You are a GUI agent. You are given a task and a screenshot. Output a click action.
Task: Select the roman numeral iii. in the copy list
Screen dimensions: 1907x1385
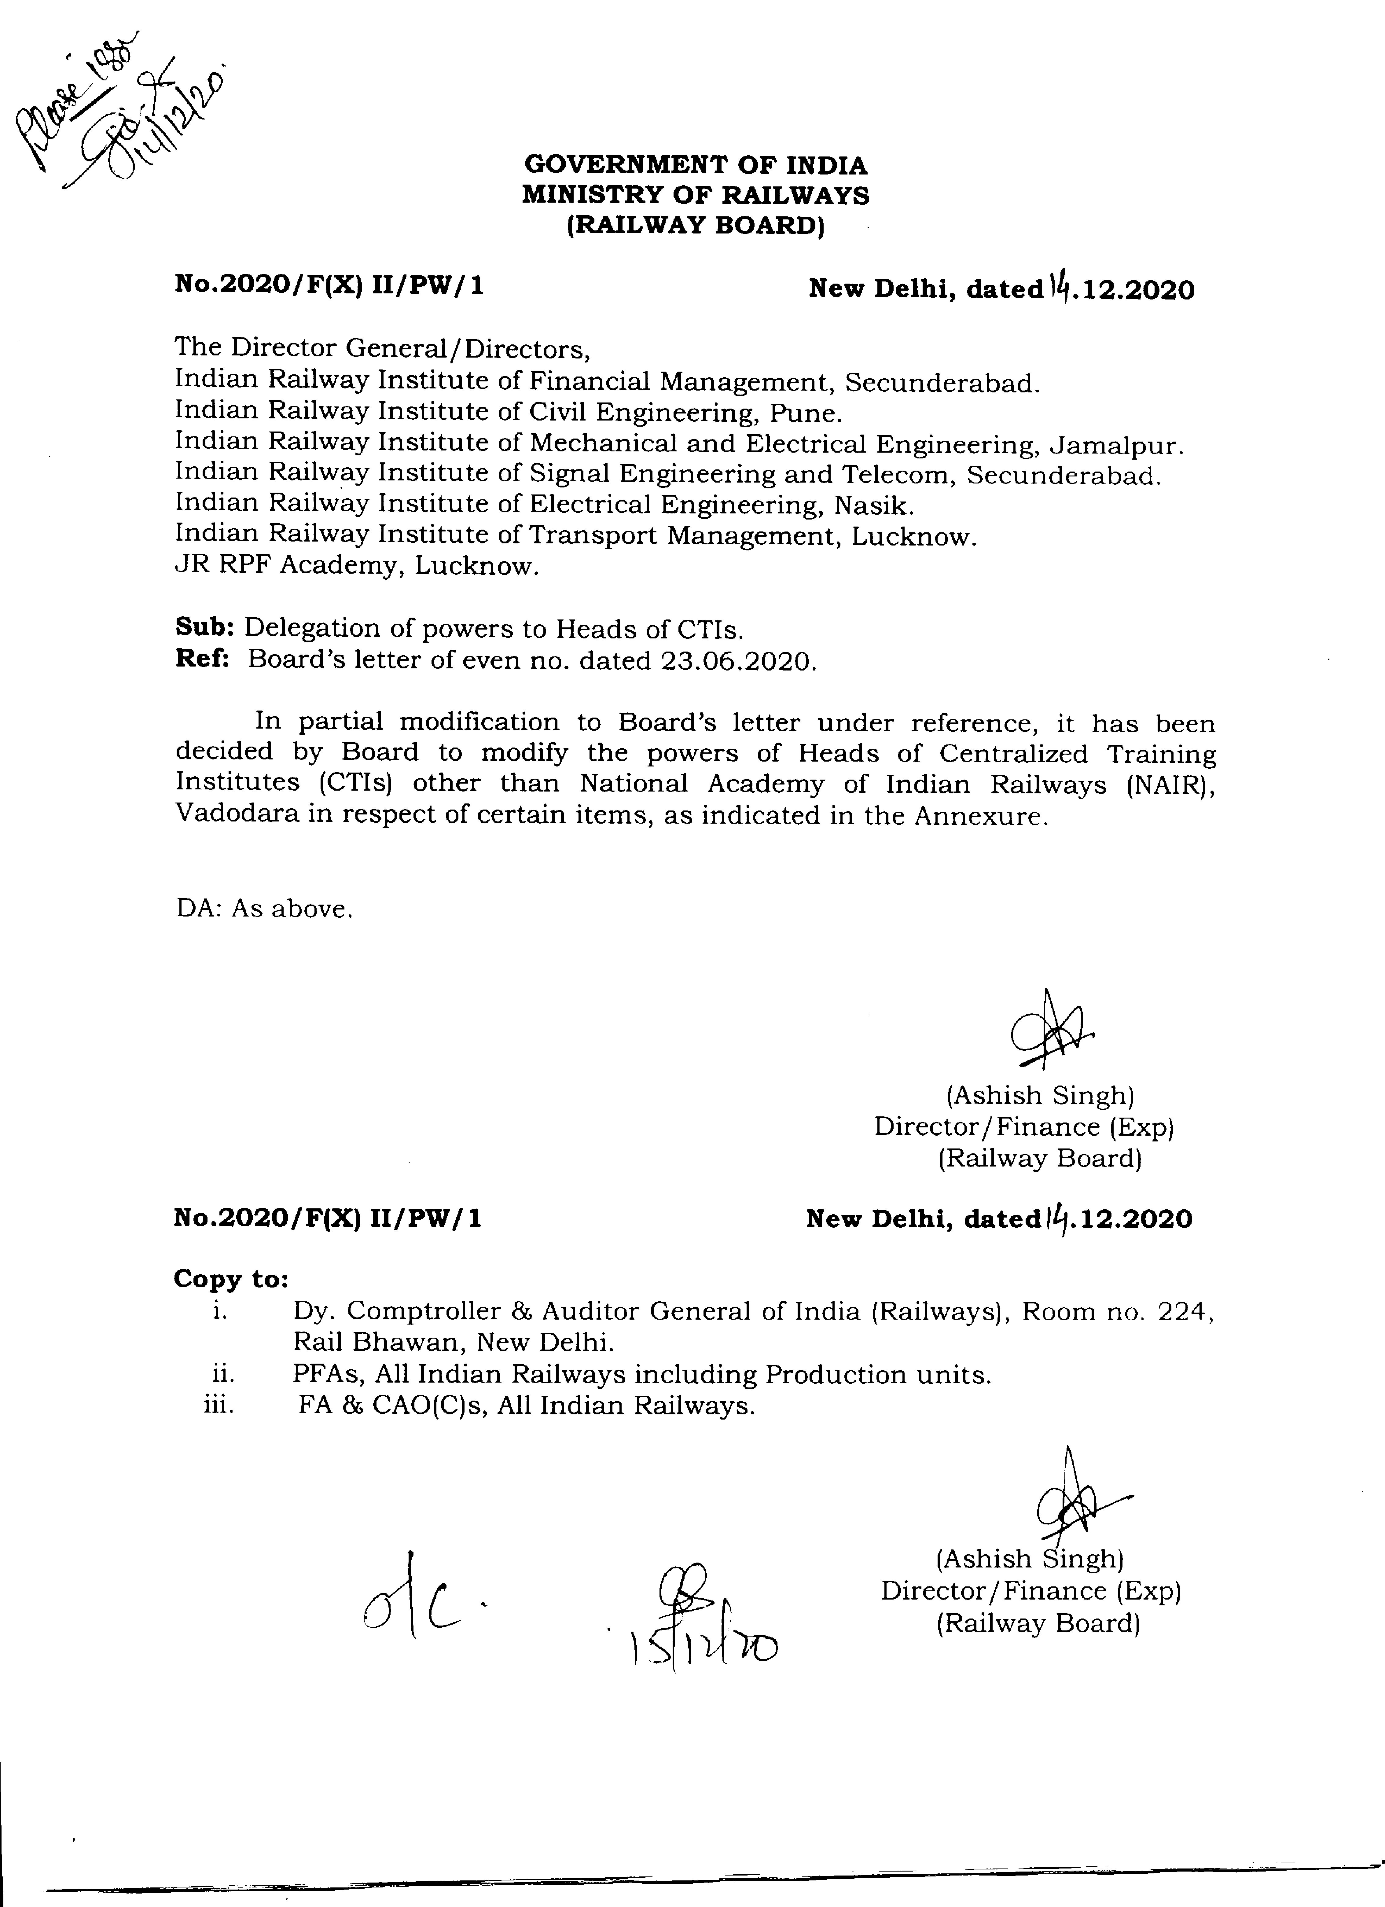coord(219,1405)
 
